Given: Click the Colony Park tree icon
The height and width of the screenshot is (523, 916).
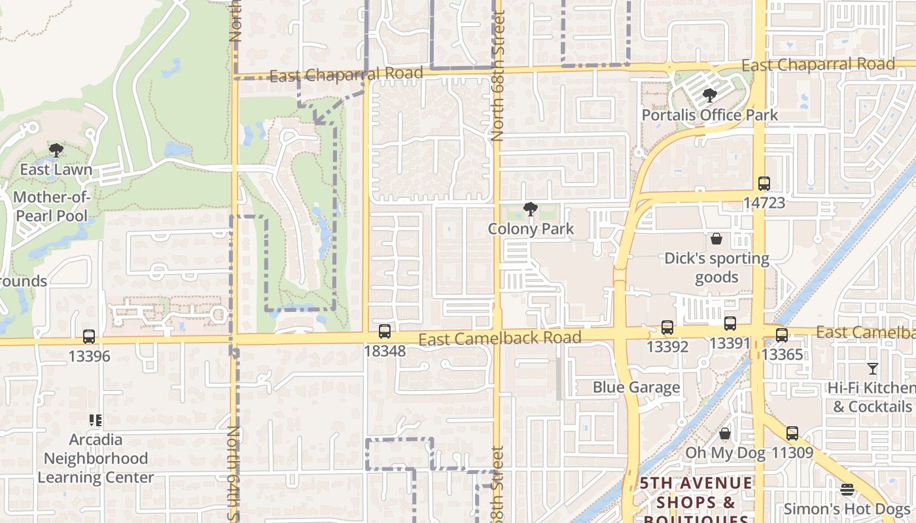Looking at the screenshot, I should coord(531,210).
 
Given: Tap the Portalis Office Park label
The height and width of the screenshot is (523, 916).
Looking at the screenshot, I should coord(710,115).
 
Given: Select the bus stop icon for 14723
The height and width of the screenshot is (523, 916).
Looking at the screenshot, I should coord(764,184).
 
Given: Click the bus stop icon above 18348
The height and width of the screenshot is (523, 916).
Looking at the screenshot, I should coord(385,331).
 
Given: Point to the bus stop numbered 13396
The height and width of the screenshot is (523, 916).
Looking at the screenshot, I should coord(89,337).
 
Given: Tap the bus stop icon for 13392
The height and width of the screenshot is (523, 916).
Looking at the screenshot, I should coord(667,328).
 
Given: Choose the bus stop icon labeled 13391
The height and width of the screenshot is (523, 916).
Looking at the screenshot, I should coord(730,324).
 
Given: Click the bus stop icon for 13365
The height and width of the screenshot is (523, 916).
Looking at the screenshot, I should coord(781,335).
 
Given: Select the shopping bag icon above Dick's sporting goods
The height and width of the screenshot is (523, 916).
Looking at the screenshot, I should coord(716,239).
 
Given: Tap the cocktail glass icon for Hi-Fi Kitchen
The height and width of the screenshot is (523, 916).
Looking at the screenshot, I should coord(872,369).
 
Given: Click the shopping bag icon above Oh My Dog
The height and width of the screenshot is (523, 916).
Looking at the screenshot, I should coord(725,433).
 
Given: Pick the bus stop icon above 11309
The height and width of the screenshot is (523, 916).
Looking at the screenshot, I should coord(792,433).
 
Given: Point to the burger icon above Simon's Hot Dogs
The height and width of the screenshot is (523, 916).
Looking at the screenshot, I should coord(847,490).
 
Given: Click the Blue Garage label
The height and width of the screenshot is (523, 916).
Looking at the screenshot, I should coord(637,387).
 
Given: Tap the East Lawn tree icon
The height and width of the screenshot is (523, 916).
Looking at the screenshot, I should coord(56,150).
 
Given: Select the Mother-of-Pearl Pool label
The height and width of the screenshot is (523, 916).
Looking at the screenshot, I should coord(51,206).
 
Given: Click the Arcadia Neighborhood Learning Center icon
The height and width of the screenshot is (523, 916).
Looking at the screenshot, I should coord(96,420).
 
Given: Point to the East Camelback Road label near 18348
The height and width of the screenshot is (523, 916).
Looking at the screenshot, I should coord(500,338).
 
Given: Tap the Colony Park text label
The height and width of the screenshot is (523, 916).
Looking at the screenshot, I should coord(531,229).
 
